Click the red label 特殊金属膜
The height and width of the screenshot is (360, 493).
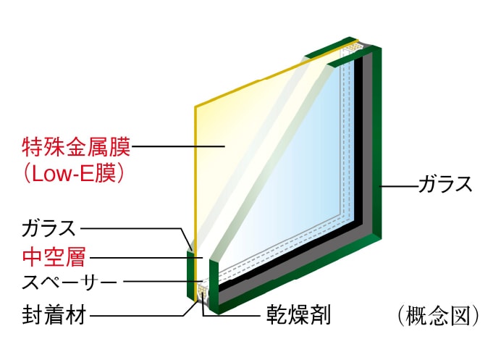coord(76,146)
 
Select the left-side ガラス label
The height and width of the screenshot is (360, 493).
coord(49,228)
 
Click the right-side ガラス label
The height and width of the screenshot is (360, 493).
coord(445,184)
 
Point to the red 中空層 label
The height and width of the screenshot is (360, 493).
coord(54,257)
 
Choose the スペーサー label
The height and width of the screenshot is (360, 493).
coord(69,282)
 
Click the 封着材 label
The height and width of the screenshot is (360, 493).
coord(54,315)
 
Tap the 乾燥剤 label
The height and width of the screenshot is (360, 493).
coord(298,315)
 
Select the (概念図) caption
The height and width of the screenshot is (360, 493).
coord(438,316)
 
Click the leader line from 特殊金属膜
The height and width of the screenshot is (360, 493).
coord(178,146)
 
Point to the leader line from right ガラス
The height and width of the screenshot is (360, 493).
coord(399,186)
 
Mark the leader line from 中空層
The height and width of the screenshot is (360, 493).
coord(146,258)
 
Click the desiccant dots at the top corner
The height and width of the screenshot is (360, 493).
coord(354,47)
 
